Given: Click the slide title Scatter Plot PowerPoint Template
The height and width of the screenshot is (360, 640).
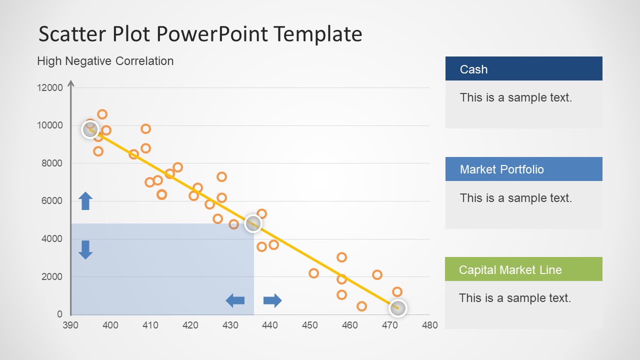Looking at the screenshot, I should tap(200, 34).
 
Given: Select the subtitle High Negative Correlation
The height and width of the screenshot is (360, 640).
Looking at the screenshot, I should tap(105, 61).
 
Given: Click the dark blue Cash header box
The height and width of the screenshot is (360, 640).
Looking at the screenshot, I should tap(523, 69).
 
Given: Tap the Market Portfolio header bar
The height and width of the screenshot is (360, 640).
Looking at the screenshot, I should tap(523, 169).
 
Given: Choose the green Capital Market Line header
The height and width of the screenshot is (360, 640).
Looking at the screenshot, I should tap(523, 269).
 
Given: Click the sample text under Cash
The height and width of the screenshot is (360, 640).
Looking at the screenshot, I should tap(515, 97).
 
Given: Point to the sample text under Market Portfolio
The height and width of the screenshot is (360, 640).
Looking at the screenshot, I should tap(515, 198).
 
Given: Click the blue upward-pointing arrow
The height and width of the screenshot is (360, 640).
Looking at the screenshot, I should tap(85, 200).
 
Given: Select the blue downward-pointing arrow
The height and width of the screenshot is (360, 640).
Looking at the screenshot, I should tap(85, 249).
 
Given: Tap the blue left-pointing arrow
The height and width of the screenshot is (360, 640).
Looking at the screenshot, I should tap(235, 300).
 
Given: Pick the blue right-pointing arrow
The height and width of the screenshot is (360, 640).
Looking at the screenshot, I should tap(272, 300).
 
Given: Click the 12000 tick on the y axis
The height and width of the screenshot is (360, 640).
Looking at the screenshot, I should tap(50, 88).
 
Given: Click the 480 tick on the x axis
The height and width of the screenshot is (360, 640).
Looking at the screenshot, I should tap(429, 325).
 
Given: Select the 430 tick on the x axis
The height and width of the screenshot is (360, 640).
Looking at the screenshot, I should tap(230, 325).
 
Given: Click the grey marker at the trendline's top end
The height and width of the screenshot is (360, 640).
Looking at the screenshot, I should tap(90, 129).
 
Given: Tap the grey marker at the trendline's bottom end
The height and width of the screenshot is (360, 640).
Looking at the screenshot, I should tap(397, 308).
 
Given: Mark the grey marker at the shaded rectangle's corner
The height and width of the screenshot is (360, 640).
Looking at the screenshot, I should tap(253, 223).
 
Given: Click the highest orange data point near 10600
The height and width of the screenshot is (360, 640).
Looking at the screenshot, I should tap(102, 114).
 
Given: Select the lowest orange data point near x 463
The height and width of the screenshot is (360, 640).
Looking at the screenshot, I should tap(361, 306).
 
